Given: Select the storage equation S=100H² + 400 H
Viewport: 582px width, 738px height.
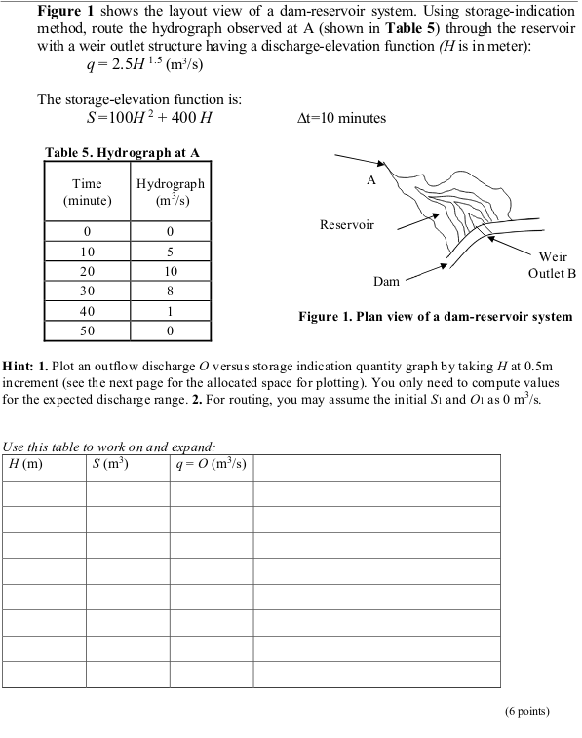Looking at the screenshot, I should point(149,119).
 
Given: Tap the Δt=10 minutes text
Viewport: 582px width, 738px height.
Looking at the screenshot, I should point(340,118).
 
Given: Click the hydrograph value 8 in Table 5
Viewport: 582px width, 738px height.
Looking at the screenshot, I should point(171,291).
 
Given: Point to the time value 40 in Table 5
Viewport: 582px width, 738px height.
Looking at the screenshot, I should point(88,311).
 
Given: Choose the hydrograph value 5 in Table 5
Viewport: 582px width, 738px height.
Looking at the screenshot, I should point(171,251).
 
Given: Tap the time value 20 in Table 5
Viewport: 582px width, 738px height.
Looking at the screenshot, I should point(88,270).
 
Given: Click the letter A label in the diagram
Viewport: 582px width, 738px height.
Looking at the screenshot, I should point(370,180).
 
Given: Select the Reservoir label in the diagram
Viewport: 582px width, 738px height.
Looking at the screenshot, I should point(347,225).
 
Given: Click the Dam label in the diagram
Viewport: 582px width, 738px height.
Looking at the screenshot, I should point(387,281).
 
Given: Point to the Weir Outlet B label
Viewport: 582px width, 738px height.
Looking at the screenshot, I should point(552,264).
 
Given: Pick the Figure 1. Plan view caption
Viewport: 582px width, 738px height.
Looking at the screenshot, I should point(435,317).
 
